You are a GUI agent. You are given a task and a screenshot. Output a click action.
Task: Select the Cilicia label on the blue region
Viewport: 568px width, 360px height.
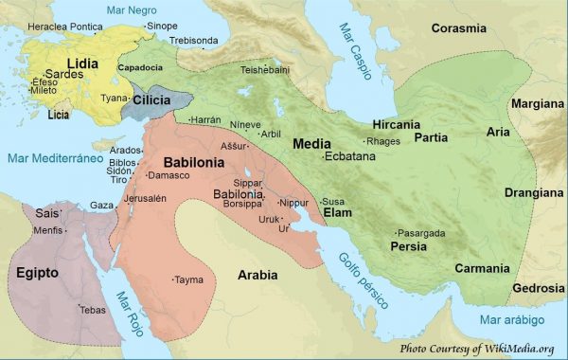tap(152, 99)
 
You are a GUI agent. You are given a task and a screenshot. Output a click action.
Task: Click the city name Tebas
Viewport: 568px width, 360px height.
tap(92, 310)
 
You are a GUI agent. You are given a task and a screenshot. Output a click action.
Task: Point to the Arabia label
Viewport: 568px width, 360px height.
tap(257, 275)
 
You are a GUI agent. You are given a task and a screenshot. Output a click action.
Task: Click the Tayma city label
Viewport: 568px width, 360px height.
tap(189, 279)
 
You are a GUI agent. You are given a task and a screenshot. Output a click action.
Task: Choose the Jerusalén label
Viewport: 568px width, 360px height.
tap(145, 198)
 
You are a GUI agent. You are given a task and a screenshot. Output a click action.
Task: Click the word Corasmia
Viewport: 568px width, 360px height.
tap(459, 28)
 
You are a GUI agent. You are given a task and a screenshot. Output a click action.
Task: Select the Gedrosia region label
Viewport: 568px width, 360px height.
tap(539, 288)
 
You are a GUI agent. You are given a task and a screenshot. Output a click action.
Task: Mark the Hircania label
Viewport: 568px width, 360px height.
tap(397, 125)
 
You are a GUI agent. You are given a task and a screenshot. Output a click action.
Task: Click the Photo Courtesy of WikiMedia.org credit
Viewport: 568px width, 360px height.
tap(476, 349)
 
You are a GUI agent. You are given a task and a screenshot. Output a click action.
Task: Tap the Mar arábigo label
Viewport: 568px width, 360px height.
tap(512, 320)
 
